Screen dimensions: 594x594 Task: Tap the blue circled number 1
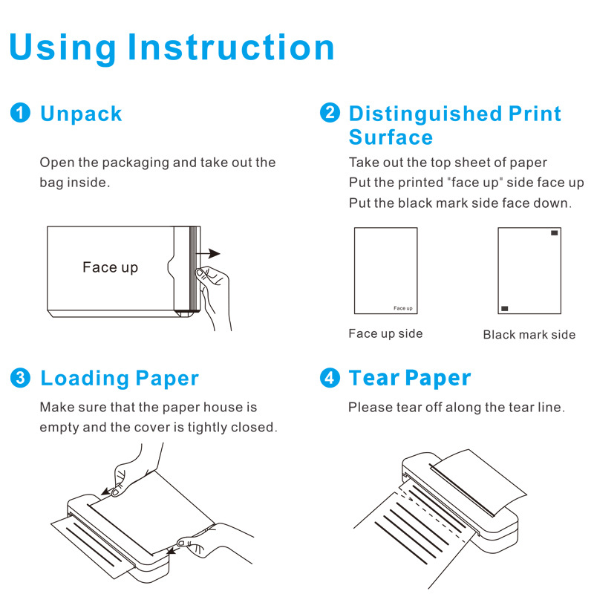pos(20,114)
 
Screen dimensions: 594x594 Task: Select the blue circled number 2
pos(330,114)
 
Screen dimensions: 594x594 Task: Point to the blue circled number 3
pos(20,378)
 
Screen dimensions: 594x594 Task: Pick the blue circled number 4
pos(330,378)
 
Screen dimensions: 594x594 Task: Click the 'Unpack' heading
pos(81,114)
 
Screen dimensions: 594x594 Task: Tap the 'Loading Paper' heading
pos(120,378)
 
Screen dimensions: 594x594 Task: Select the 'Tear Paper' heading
pos(410,378)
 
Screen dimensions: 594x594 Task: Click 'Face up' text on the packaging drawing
pos(110,267)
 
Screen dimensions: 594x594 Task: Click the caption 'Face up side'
pos(385,334)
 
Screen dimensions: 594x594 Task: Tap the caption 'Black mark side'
pos(529,335)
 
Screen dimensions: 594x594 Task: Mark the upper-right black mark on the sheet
pos(555,233)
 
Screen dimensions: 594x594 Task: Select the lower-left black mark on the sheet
pos(505,307)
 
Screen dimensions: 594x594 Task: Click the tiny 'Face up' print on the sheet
pos(403,308)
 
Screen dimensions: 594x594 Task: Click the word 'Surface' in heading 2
pos(391,137)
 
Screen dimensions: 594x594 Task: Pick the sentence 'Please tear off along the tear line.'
pos(457,407)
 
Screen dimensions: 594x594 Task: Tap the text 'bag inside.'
pos(74,182)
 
